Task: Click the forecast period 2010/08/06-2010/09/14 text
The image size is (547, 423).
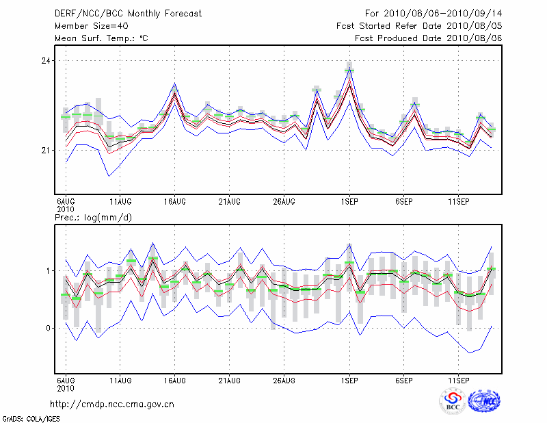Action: click(433, 13)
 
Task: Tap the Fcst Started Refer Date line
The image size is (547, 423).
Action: click(420, 25)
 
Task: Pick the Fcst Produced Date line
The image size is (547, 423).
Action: click(429, 38)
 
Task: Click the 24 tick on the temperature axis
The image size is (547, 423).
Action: click(45, 61)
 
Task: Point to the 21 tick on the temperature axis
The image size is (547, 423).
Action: click(45, 150)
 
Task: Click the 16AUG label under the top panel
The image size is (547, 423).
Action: click(175, 201)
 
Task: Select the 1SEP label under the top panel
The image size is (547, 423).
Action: click(350, 201)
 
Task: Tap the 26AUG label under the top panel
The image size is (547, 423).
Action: click(284, 201)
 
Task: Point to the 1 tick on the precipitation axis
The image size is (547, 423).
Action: click(48, 271)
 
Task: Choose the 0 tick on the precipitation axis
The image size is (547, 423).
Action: click(48, 328)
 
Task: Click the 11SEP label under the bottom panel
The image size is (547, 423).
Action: click(459, 379)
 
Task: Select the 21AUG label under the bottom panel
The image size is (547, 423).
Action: click(229, 379)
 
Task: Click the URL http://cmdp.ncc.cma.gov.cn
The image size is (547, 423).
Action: click(113, 404)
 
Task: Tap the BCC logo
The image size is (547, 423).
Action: click(453, 401)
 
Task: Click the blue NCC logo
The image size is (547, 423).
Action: click(483, 401)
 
